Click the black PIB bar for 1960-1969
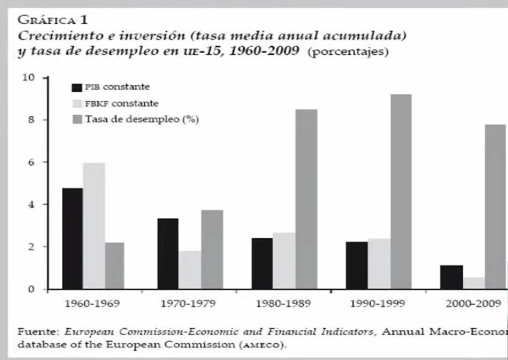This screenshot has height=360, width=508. [72, 238]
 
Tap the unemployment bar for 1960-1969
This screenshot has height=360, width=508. [114, 266]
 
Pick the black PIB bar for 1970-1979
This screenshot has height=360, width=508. [168, 254]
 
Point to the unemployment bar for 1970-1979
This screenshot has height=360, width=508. [212, 249]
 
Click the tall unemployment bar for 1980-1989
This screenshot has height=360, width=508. [307, 199]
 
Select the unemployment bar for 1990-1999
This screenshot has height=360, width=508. [401, 192]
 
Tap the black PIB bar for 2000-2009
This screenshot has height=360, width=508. [452, 277]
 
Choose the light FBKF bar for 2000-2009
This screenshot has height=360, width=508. [474, 283]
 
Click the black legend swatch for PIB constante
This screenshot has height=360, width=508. [77, 88]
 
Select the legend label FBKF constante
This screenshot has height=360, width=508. [121, 103]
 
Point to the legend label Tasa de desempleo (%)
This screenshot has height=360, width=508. [142, 119]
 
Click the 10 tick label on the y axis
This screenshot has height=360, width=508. [28, 78]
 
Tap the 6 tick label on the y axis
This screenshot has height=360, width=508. [31, 162]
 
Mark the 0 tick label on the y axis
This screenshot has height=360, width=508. [31, 289]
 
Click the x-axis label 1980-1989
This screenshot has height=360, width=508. [283, 304]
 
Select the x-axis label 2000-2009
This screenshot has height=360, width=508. [473, 304]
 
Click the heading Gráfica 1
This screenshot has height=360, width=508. [53, 19]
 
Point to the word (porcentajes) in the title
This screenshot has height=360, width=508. [348, 51]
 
